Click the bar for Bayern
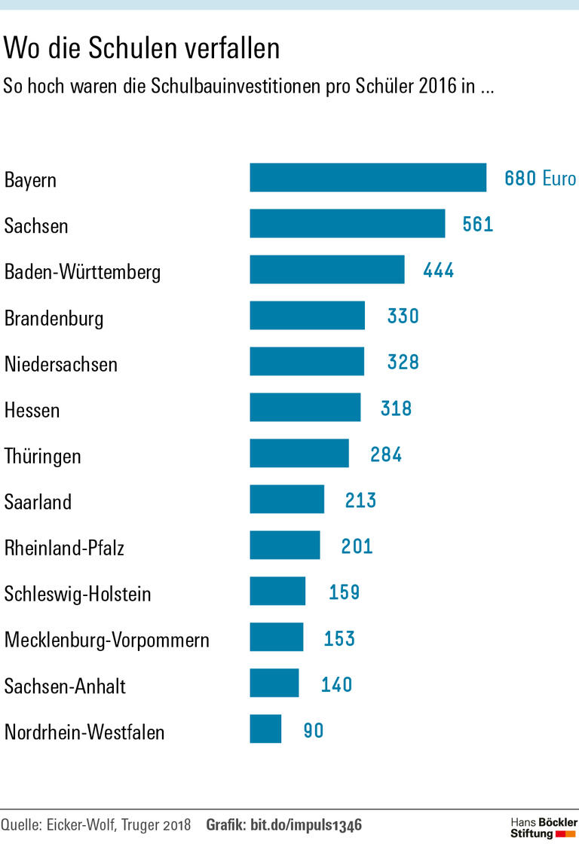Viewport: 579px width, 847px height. coord(368,178)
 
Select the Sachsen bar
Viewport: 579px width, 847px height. coord(348,224)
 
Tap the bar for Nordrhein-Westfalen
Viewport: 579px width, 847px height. coord(265,729)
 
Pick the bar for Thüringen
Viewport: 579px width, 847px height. coord(299,454)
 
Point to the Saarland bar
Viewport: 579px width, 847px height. coord(287,500)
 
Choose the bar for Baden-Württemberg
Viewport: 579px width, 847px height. coord(327,270)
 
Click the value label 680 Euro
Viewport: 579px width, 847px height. coord(540,179)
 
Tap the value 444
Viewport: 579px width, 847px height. coord(439,271)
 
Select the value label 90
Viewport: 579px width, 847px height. coord(314,730)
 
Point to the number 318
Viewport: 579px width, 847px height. coord(397,408)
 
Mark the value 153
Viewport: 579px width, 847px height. coord(339,638)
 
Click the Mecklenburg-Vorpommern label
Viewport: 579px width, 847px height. coord(107,641)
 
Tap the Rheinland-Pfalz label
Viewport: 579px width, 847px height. coord(64,548)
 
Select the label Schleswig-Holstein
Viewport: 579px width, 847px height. coord(78,594)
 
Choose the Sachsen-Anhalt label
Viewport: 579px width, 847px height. coord(65,686)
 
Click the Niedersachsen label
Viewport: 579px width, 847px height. coord(61,365)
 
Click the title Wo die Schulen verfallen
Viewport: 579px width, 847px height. coord(142,48)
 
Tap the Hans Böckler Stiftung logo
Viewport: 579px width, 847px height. coord(543,827)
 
